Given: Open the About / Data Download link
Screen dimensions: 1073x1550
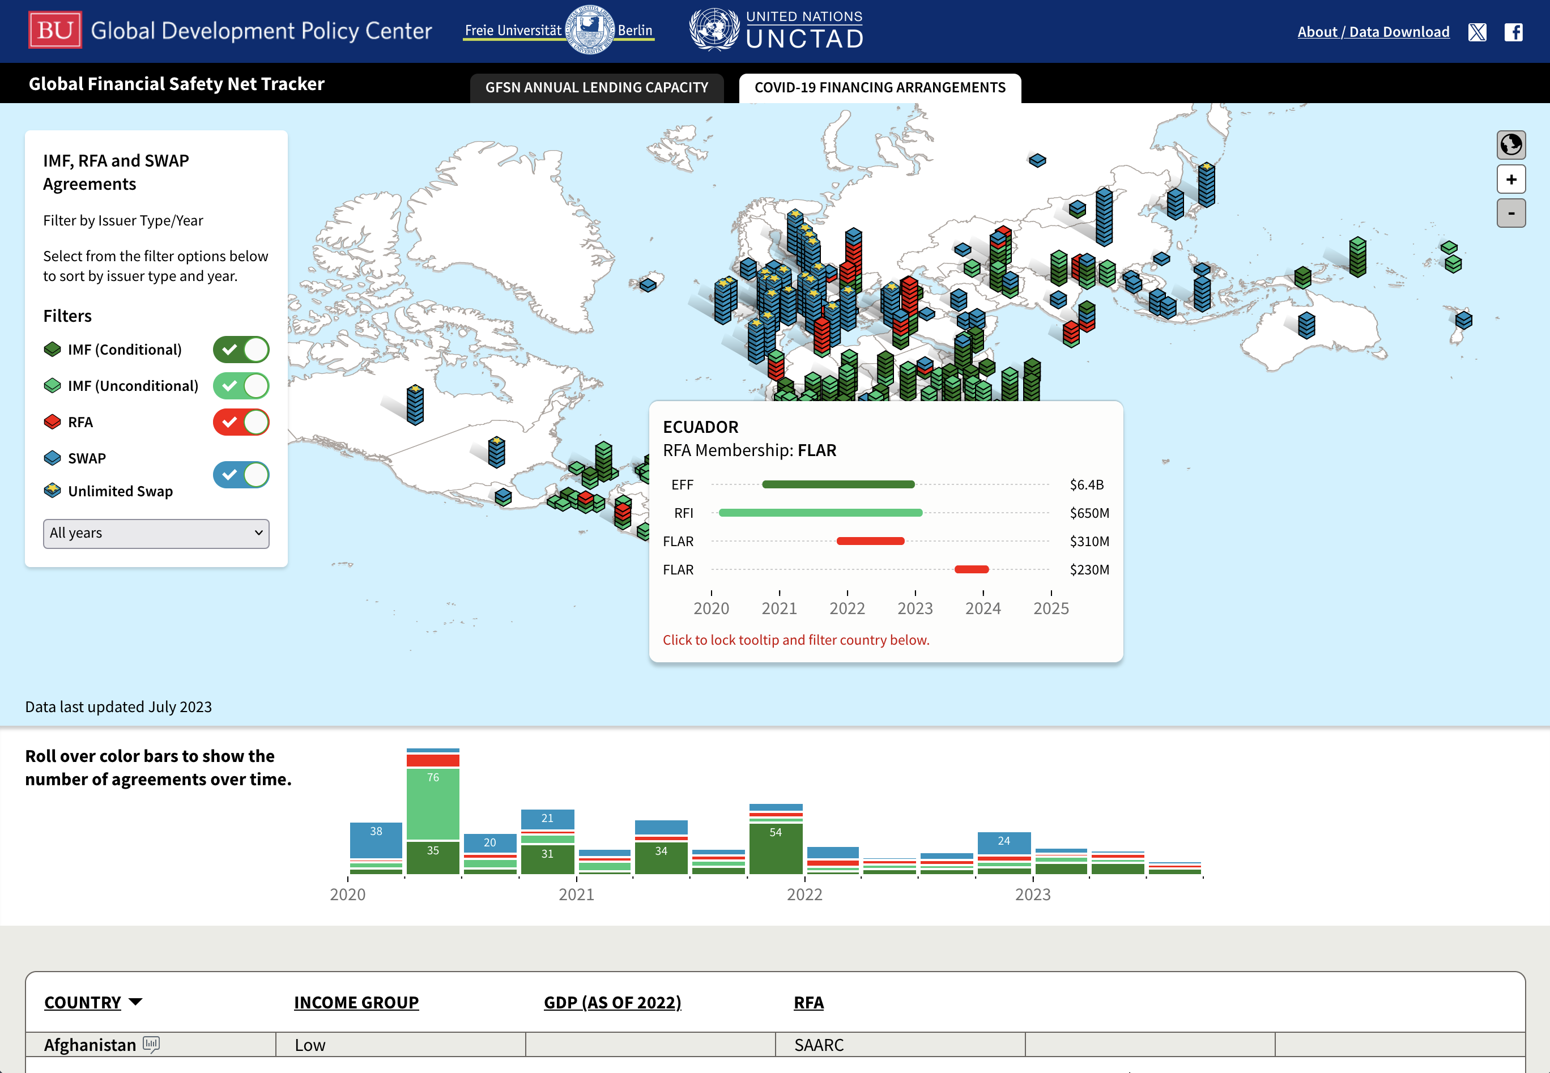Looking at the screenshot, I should tap(1373, 32).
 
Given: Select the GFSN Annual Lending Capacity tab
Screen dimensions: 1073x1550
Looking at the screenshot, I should tap(596, 87).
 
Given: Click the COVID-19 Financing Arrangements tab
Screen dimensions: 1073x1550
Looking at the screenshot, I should tap(879, 87).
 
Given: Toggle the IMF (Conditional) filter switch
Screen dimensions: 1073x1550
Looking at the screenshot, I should tap(241, 350).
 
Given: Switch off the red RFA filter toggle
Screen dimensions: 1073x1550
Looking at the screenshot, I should tap(241, 422).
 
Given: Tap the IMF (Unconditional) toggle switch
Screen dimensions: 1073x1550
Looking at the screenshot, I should tap(241, 386).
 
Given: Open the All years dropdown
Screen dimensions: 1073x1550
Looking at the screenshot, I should tap(156, 533).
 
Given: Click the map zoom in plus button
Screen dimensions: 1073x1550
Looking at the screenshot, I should tap(1510, 180).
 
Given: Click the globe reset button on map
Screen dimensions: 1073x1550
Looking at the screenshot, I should tap(1510, 144).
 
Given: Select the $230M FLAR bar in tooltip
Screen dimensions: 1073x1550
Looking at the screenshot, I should tap(971, 569).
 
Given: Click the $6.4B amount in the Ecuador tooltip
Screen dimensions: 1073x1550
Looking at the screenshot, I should tap(1086, 485).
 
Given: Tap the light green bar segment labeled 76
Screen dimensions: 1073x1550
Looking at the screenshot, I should tap(433, 803).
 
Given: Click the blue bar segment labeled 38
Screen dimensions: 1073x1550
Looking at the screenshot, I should tap(376, 839).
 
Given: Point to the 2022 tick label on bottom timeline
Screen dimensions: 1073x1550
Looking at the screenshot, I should tap(804, 894).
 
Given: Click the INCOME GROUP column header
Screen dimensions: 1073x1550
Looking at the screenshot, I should tap(356, 1002).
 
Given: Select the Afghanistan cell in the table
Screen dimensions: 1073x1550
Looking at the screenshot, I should tap(90, 1045).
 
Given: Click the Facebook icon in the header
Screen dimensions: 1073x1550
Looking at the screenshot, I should tap(1513, 32).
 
